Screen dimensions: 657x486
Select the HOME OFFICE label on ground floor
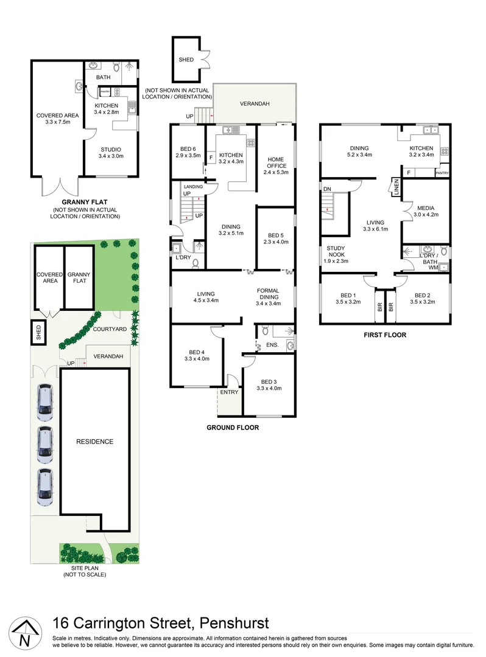pos(276,162)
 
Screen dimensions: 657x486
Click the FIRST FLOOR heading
pos(385,335)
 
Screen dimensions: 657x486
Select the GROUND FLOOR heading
pos(232,428)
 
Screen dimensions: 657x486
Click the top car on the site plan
pos(45,402)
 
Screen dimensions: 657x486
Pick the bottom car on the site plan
pos(45,487)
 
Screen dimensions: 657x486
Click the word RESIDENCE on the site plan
pos(94,442)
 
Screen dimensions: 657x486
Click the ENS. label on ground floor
pos(272,346)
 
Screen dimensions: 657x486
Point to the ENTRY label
pos(230,392)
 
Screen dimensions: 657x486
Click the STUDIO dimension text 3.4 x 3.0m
pos(110,156)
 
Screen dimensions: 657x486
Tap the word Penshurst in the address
pos(232,623)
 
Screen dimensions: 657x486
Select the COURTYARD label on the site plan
pos(110,329)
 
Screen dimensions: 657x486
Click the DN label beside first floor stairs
pos(327,189)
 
